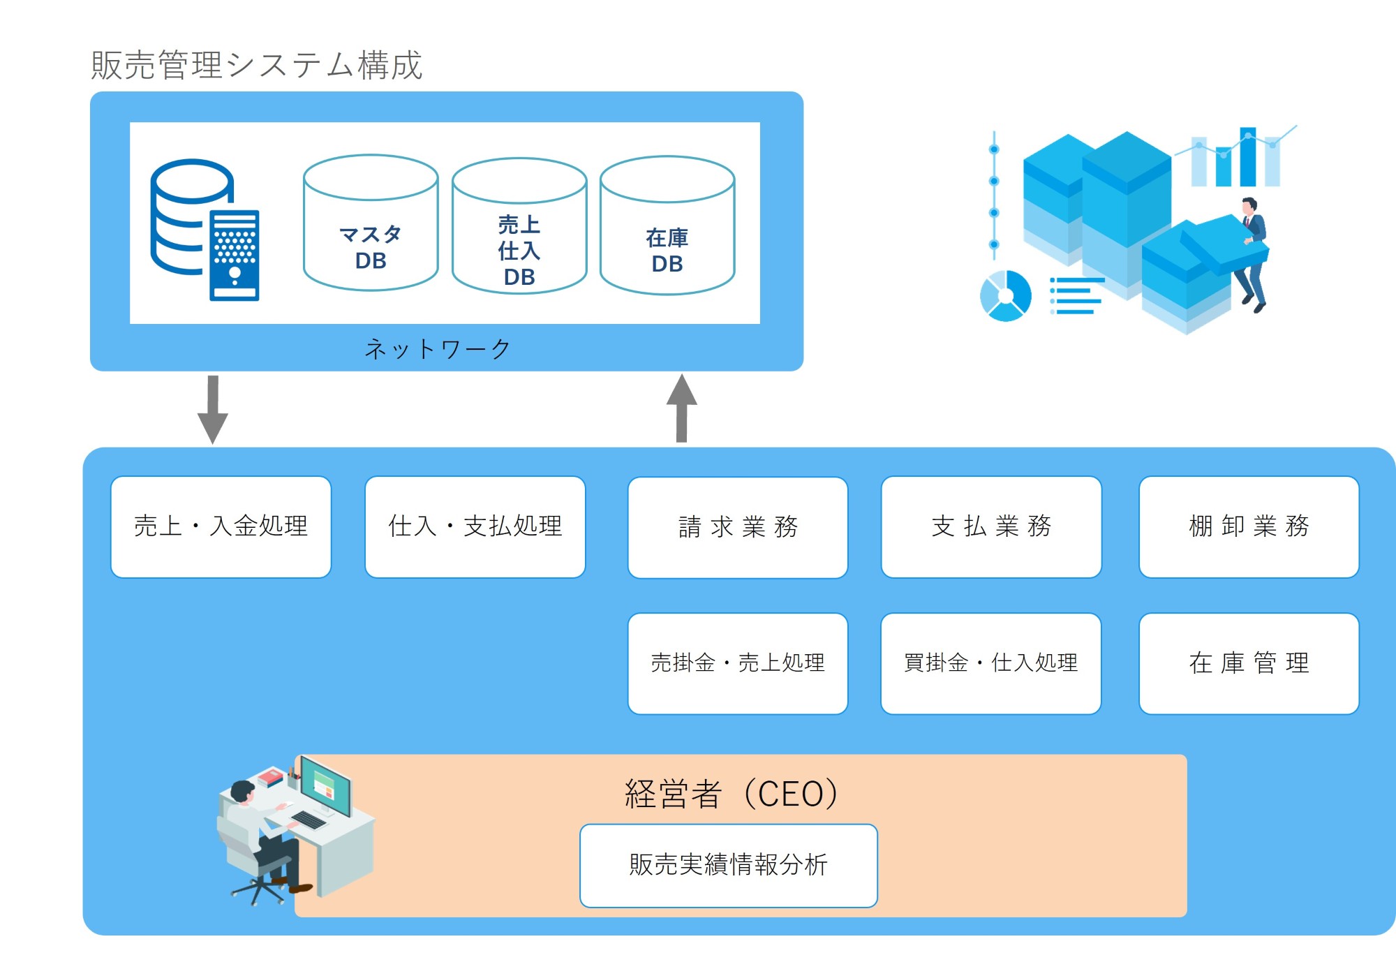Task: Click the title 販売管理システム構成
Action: (x=256, y=65)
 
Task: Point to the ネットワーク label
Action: (x=438, y=348)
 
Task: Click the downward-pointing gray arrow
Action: (x=213, y=409)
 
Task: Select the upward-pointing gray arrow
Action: (x=682, y=408)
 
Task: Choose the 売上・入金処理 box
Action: (x=221, y=526)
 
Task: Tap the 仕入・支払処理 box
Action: (x=475, y=526)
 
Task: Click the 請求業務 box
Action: (x=738, y=527)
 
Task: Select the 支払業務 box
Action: (x=991, y=526)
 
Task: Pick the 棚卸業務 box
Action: (x=1249, y=526)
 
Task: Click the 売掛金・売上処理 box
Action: (x=738, y=663)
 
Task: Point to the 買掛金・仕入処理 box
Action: (x=991, y=663)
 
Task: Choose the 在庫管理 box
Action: (x=1249, y=663)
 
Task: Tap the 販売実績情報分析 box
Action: (x=728, y=865)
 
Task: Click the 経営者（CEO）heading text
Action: (x=731, y=794)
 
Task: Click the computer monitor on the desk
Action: (x=326, y=787)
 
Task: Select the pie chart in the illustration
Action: (x=1006, y=296)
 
